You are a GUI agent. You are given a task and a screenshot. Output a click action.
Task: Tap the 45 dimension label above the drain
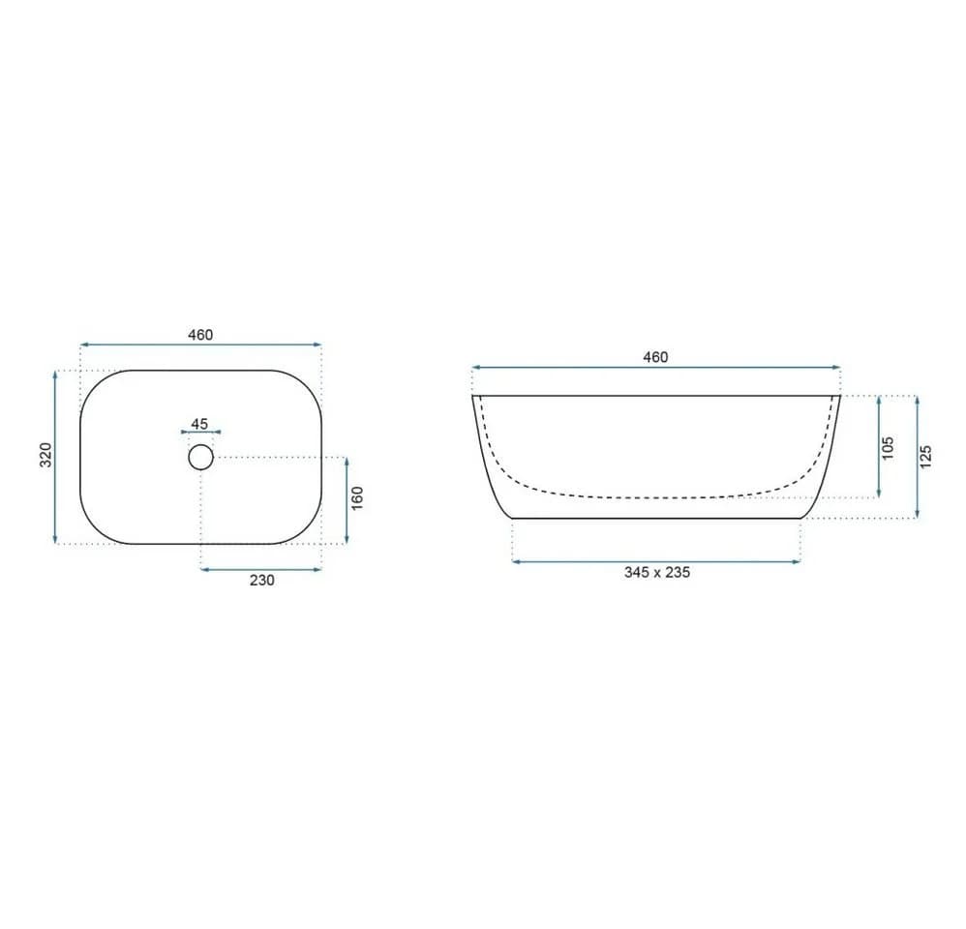(199, 424)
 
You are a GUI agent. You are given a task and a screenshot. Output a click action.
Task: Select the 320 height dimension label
(46, 455)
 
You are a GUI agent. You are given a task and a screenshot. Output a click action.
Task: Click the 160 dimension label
(357, 497)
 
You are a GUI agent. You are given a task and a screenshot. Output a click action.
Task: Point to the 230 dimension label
(262, 581)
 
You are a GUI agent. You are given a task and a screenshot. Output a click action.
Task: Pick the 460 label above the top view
(200, 335)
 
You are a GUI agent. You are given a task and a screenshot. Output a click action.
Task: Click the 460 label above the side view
(655, 357)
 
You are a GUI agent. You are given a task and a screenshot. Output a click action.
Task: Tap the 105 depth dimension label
(888, 448)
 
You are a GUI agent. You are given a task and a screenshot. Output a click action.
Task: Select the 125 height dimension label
(925, 457)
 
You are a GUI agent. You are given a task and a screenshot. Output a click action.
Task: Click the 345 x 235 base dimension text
(656, 572)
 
